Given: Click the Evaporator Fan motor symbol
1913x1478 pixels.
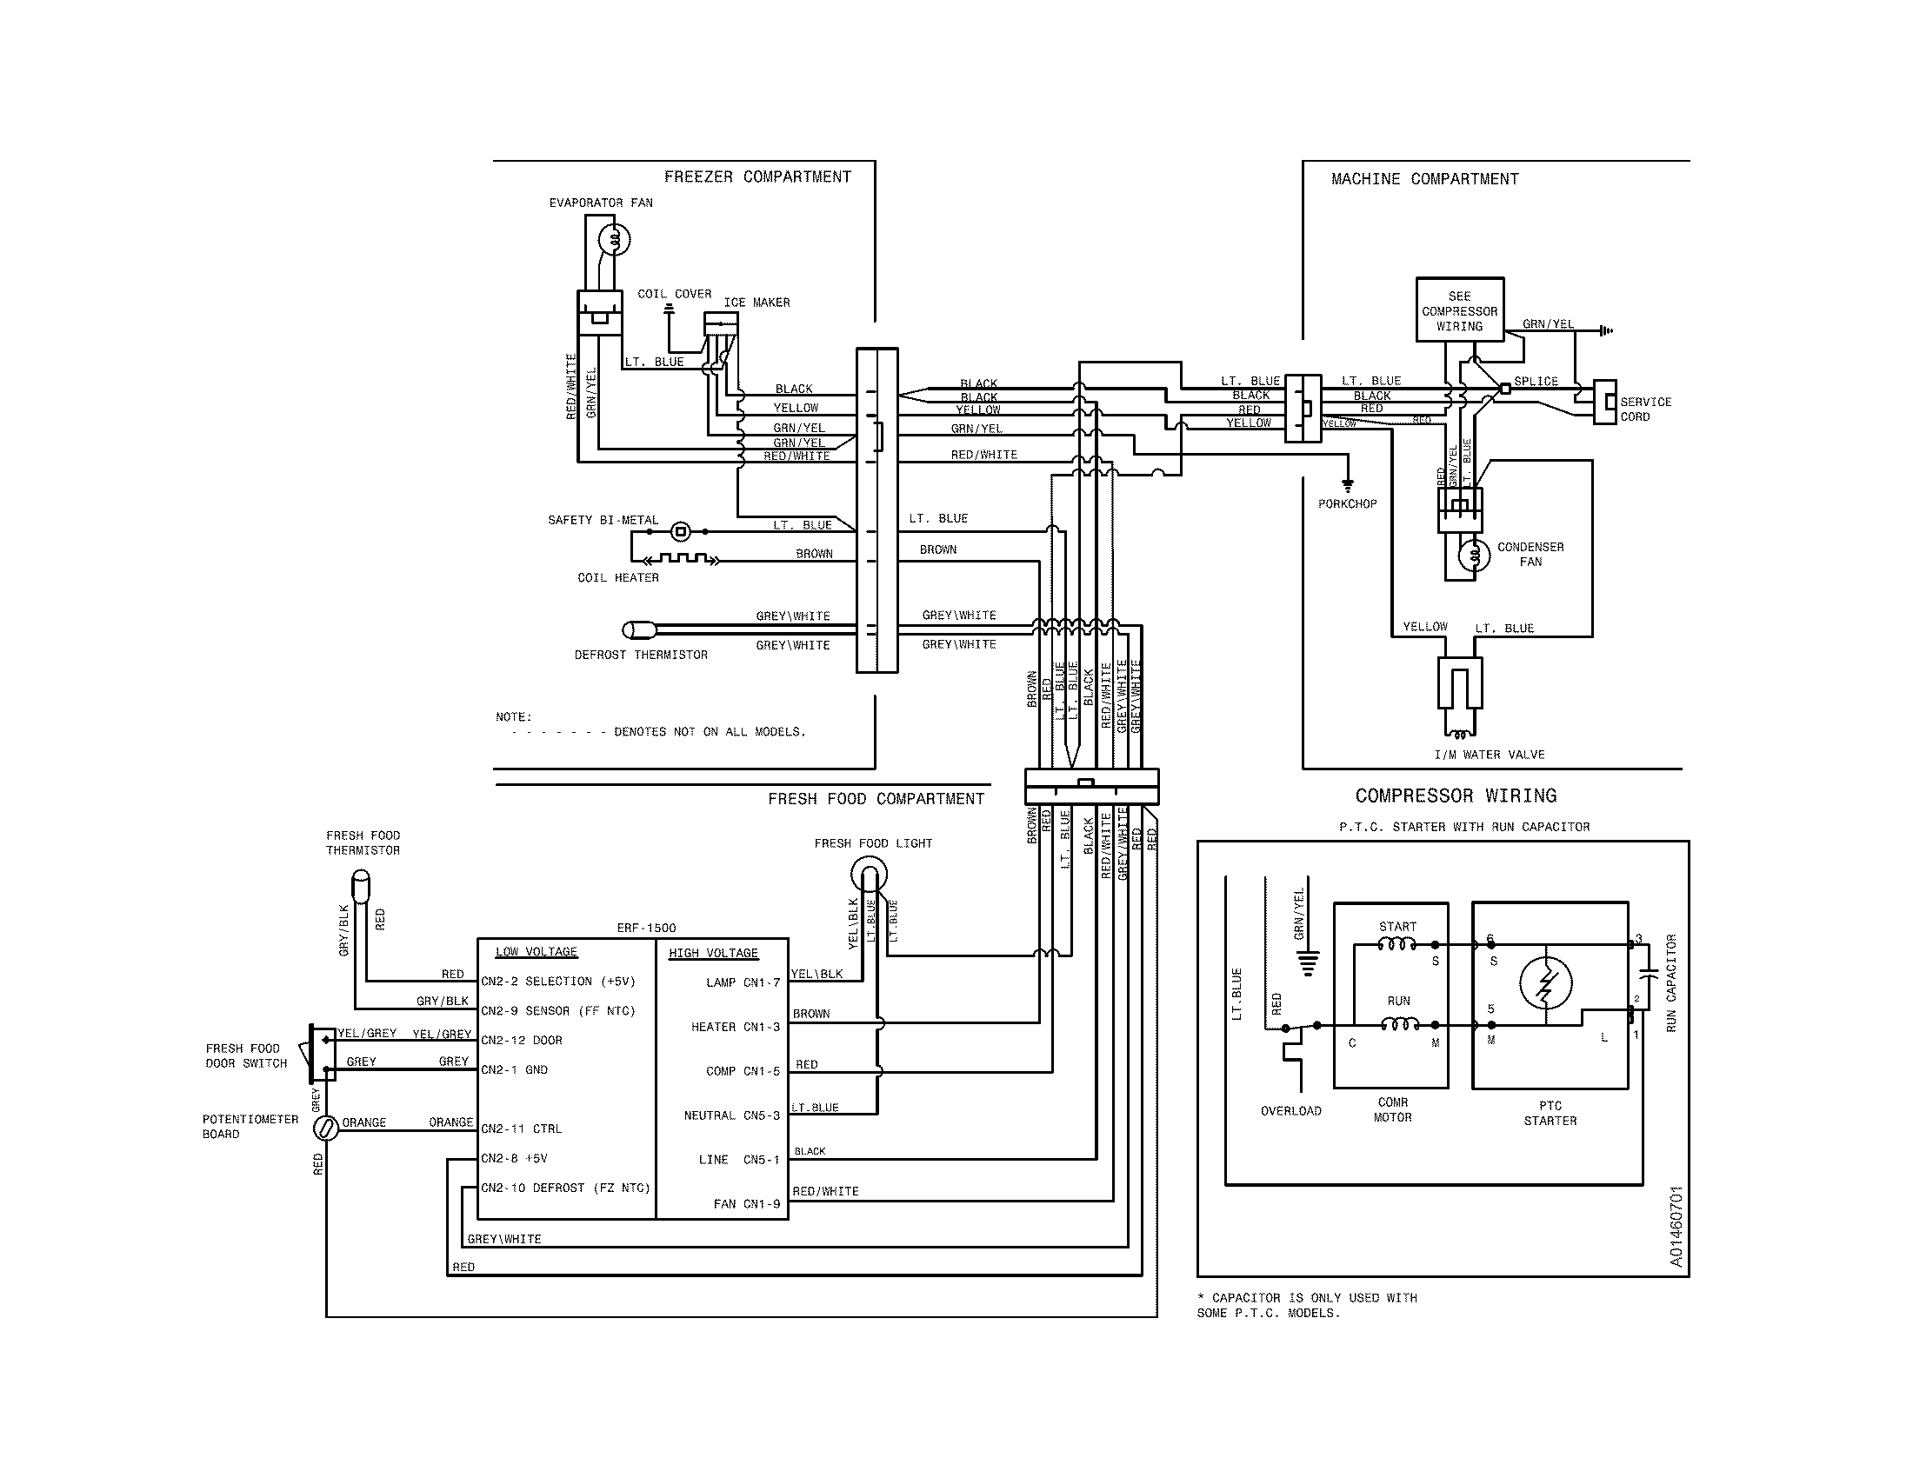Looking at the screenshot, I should click(613, 239).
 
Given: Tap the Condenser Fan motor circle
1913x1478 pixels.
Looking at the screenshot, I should click(1474, 555).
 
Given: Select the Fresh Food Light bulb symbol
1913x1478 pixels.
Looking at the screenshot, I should click(869, 874).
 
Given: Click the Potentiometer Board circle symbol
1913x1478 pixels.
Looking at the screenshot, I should click(325, 1128).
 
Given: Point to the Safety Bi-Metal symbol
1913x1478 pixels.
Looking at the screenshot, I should click(681, 530).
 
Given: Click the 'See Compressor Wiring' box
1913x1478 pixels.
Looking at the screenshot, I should click(1459, 310).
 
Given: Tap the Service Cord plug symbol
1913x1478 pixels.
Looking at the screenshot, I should click(1603, 402).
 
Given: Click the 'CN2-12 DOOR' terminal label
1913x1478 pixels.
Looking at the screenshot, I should click(521, 1040).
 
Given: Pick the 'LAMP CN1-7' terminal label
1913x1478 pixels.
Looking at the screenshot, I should click(742, 982).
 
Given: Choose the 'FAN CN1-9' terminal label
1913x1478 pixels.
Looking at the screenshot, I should click(746, 1204).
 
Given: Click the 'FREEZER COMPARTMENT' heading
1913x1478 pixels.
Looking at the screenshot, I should click(757, 176).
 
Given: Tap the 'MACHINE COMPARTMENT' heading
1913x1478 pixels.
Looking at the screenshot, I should click(1424, 178).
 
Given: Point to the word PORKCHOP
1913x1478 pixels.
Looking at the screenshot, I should click(1346, 504).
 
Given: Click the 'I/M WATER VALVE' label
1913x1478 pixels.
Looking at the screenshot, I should click(1489, 755).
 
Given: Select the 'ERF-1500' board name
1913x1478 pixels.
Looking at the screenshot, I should click(646, 929).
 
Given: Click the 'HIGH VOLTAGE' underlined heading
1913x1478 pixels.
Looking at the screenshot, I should click(713, 953).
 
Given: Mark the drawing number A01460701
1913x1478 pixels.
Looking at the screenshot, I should click(1676, 1227).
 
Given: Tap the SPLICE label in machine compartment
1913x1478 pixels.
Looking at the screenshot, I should click(1536, 382).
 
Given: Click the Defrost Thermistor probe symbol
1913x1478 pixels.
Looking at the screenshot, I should click(637, 629).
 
